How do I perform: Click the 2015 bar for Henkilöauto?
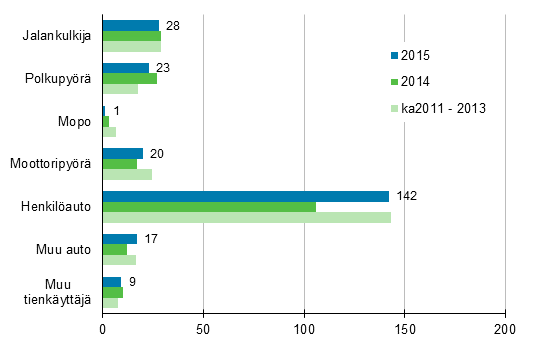(245, 196)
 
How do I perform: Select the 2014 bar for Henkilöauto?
(209, 207)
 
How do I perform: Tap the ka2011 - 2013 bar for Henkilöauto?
(246, 217)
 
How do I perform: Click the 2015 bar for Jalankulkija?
(130, 25)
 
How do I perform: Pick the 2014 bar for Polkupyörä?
(129, 78)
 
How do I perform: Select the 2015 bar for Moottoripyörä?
(122, 153)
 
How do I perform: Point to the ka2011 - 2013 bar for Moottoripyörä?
(127, 174)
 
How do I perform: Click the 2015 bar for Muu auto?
(119, 239)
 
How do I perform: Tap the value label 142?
(405, 196)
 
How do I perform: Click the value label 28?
(171, 24)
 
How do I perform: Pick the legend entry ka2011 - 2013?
(441, 108)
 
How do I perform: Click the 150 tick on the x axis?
(404, 327)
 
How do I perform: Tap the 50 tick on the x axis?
(203, 327)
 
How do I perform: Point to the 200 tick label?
(504, 327)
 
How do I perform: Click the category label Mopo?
(78, 121)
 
